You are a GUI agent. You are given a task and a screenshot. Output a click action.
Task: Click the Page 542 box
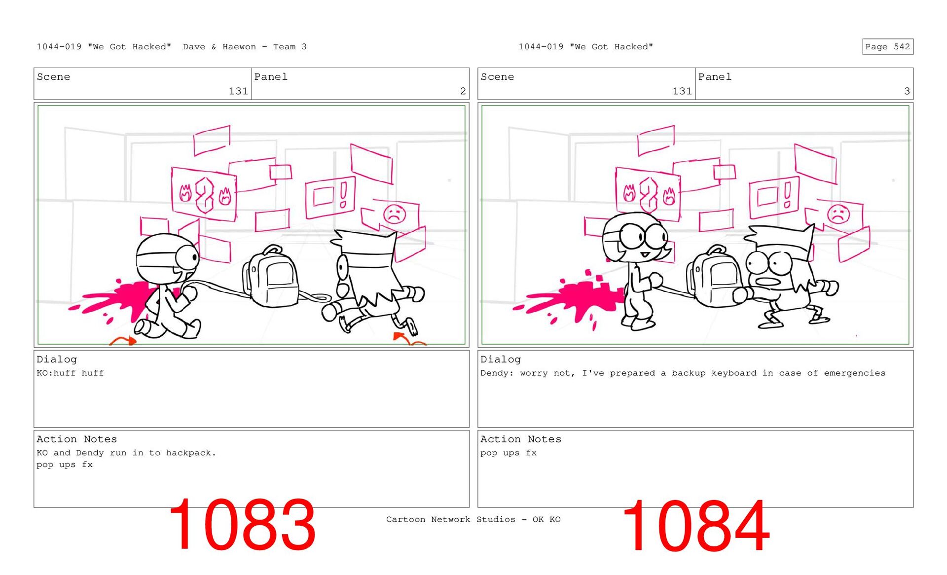click(x=887, y=46)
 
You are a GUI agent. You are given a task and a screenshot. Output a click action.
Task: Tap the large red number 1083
click(x=242, y=525)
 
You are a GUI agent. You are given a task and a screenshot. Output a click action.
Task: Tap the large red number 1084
click(x=695, y=526)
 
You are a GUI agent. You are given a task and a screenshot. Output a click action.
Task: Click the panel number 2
click(x=463, y=91)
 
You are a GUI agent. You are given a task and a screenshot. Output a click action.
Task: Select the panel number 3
click(x=907, y=91)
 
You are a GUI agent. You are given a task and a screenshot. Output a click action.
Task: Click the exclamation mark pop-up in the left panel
click(x=330, y=197)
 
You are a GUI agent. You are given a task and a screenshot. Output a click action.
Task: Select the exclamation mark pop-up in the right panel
click(x=774, y=197)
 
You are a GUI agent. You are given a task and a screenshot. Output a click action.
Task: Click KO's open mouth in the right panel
click(x=767, y=282)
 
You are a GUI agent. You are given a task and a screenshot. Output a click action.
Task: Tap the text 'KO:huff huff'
click(x=70, y=373)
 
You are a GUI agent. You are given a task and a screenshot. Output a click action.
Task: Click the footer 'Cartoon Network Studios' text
click(x=450, y=519)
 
